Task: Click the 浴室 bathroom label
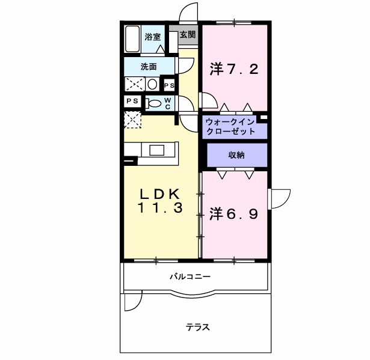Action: [x=153, y=37]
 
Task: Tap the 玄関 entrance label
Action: [x=188, y=35]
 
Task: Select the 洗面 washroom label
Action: [x=149, y=67]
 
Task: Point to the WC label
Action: [x=168, y=103]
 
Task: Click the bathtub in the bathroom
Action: [x=132, y=38]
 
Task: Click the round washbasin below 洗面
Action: [x=152, y=84]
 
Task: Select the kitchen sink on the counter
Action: [x=156, y=150]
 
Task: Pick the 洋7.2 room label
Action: [x=234, y=69]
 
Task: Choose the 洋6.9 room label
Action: [x=233, y=214]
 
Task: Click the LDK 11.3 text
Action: [x=160, y=201]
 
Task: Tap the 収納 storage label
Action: [x=236, y=155]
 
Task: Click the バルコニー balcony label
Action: [x=190, y=276]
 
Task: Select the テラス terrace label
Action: [x=198, y=327]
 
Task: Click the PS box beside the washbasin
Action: [x=169, y=85]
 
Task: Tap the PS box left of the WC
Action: [x=132, y=101]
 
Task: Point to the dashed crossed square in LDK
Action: [x=132, y=120]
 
